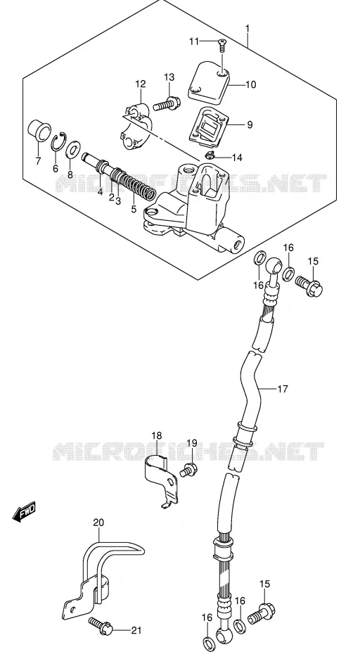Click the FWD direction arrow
coord(24,511)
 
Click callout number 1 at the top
coord(247,28)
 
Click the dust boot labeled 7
coord(39,130)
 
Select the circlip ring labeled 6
coord(58,142)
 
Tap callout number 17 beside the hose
coord(283,389)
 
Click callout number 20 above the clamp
coord(98,522)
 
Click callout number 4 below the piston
coord(100,192)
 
